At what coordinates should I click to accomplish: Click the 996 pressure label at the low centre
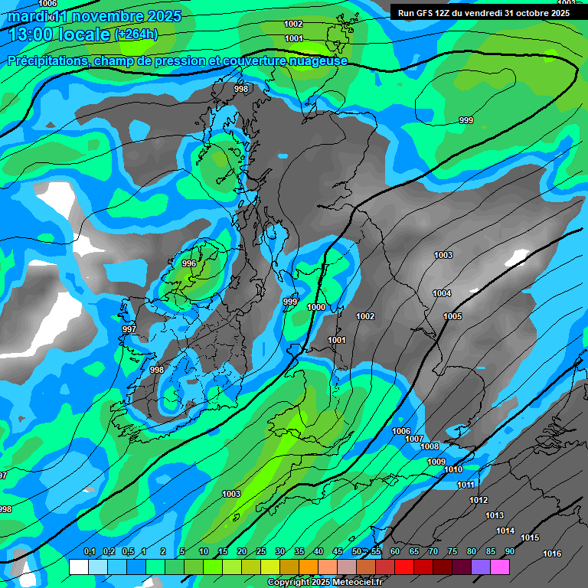(189, 263)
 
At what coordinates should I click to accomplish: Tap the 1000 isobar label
(316, 308)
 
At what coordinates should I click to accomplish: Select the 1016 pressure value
(551, 554)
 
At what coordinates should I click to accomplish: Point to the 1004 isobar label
(442, 294)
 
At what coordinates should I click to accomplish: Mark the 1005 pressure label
(452, 316)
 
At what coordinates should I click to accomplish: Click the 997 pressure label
(129, 329)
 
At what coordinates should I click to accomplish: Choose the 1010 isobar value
(453, 469)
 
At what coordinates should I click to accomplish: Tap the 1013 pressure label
(495, 515)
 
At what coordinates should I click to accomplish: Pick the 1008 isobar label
(430, 446)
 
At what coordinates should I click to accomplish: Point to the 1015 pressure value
(530, 538)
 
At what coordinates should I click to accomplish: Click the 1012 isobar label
(479, 500)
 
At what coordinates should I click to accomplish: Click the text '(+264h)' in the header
(136, 34)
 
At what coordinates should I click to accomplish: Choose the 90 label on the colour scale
(509, 552)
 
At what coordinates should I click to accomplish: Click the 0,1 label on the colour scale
(90, 552)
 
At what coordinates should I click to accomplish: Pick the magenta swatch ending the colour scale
(499, 567)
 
